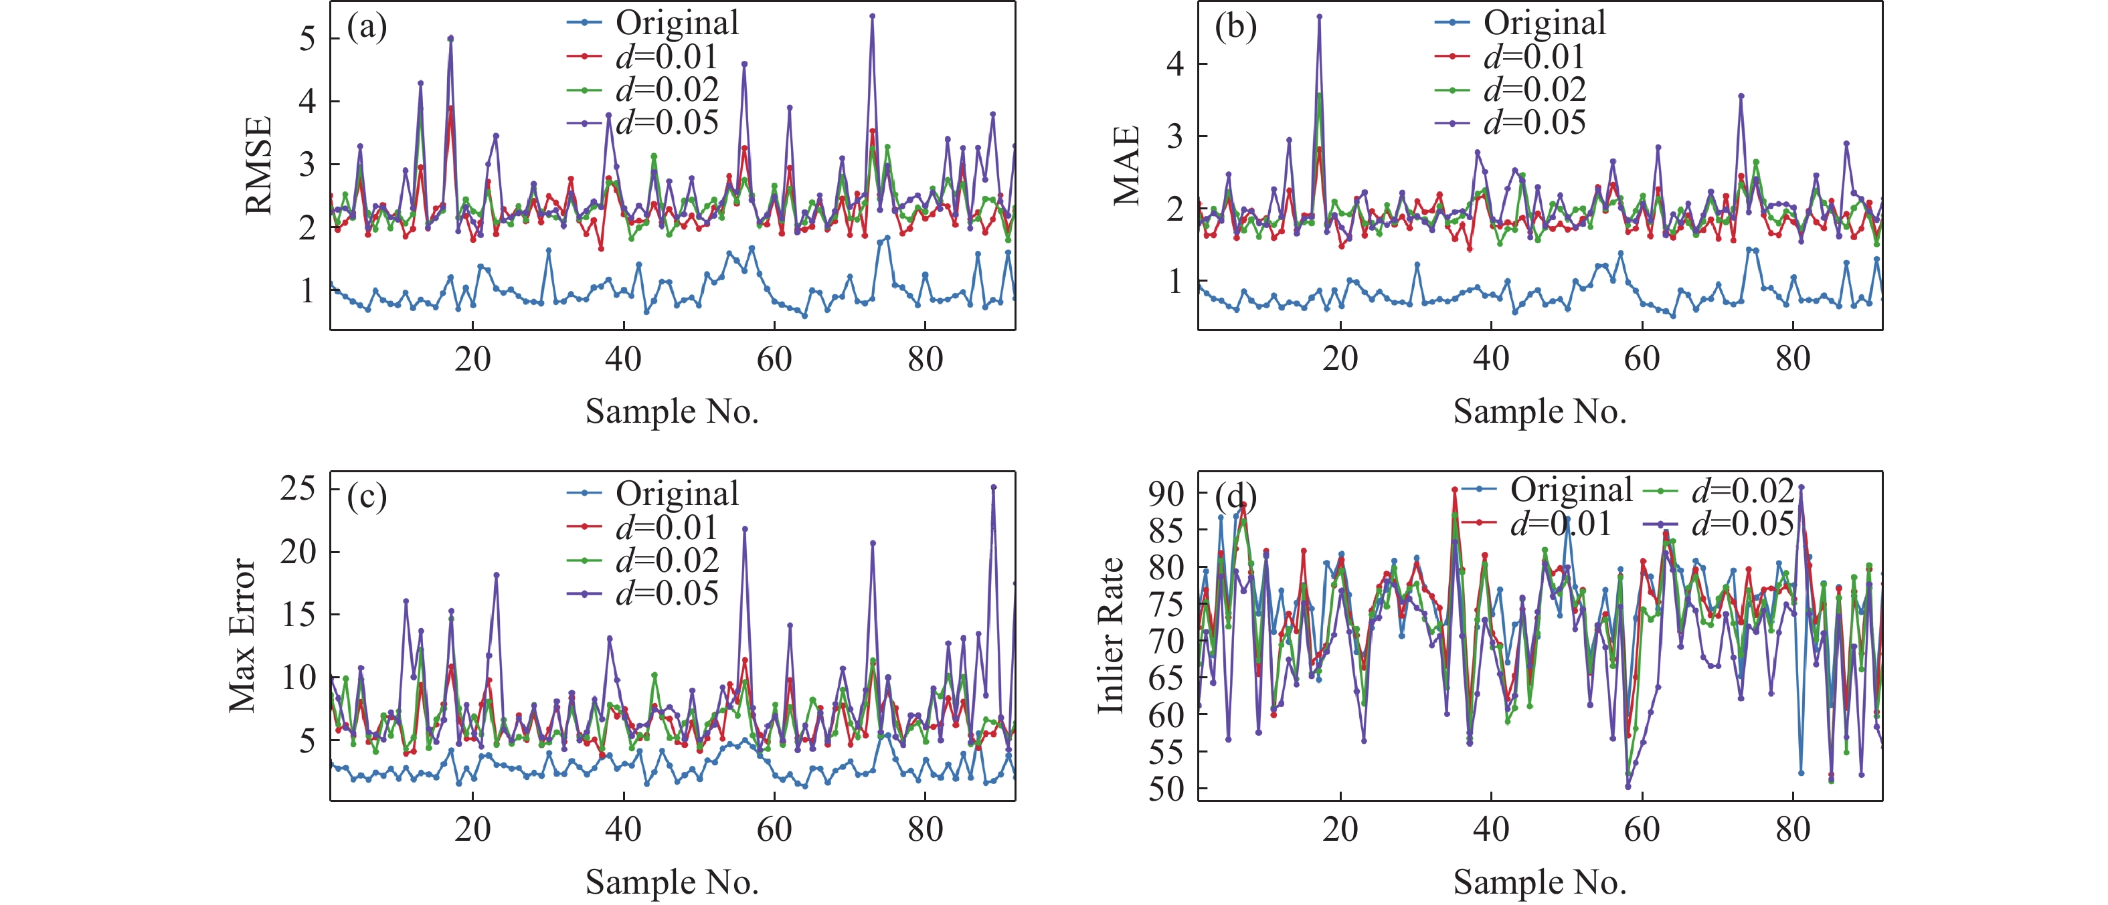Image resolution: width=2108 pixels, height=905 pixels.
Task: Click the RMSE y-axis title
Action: pyautogui.click(x=258, y=166)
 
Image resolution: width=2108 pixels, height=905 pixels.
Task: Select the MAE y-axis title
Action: pyautogui.click(x=1127, y=166)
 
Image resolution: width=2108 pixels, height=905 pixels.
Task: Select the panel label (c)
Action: pyautogui.click(x=367, y=497)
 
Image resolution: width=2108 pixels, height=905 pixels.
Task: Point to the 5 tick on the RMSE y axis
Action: pyautogui.click(x=307, y=38)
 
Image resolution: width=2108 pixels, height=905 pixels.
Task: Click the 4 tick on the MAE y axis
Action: pyautogui.click(x=1175, y=64)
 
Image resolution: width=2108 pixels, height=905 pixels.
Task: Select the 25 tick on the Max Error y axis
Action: pyautogui.click(x=298, y=488)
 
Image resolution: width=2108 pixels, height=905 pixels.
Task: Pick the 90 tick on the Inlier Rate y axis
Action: pyautogui.click(x=1166, y=494)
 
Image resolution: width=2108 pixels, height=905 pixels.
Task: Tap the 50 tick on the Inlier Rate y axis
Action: pyautogui.click(x=1166, y=790)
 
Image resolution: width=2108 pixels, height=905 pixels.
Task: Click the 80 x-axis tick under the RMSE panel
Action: pyautogui.click(x=925, y=359)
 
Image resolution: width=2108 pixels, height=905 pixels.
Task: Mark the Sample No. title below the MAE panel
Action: pyautogui.click(x=1539, y=411)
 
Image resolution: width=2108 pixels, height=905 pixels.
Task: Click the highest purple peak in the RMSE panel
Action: pyautogui.click(x=873, y=15)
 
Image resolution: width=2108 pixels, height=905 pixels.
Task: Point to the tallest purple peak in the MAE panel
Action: pyautogui.click(x=1319, y=15)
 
